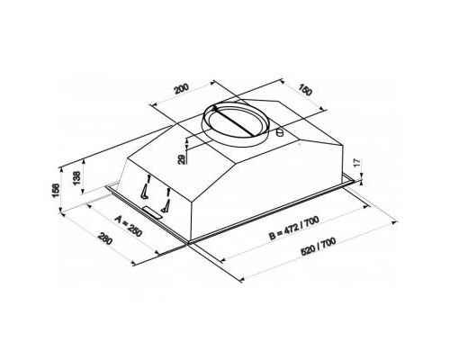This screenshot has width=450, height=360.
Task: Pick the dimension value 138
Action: pos(76,178)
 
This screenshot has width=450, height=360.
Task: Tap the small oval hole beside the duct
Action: pos(281,134)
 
